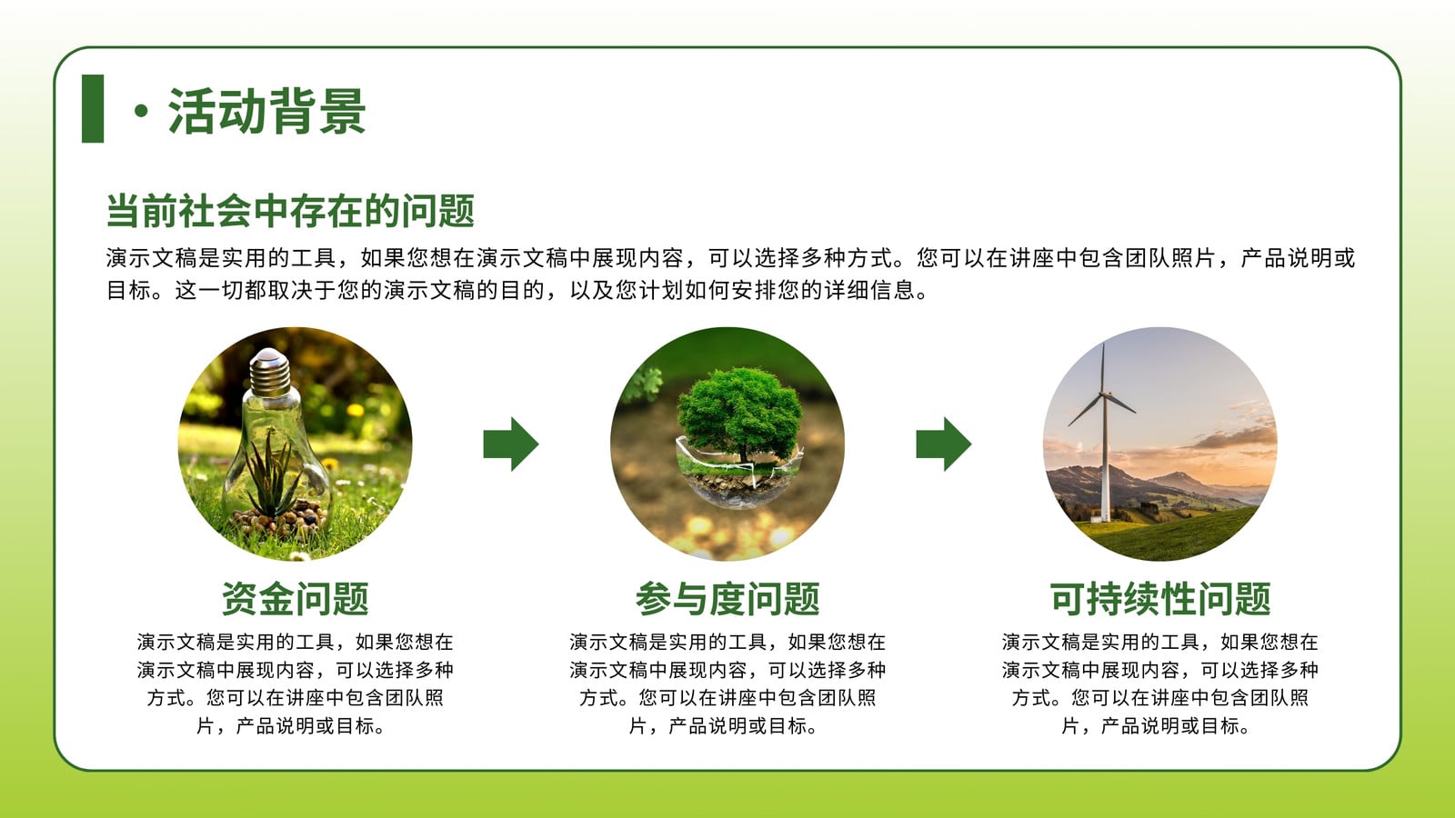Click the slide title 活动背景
267,111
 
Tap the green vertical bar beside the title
93,108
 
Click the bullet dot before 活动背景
141,111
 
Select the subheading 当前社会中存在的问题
290,210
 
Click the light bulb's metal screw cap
269,373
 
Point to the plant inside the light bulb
273,474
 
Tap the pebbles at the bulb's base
280,519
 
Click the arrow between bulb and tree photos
511,444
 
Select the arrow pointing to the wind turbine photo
944,444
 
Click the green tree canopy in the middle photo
739,409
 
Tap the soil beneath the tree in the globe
738,485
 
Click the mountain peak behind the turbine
1179,477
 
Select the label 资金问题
295,599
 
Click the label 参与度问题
727,599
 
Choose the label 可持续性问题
1160,599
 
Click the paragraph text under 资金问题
295,683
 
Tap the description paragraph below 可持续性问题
1160,683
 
